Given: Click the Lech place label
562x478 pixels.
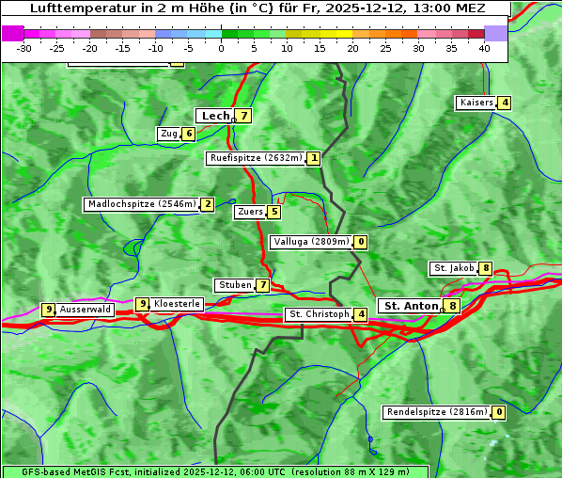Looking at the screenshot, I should pyautogui.click(x=215, y=116).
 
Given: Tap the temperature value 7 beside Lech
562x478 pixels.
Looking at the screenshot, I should pyautogui.click(x=244, y=116).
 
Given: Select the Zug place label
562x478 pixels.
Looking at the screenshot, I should pyautogui.click(x=169, y=134).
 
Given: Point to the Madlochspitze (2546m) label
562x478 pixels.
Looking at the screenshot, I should pyautogui.click(x=141, y=204).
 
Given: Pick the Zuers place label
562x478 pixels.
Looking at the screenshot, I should pyautogui.click(x=250, y=212).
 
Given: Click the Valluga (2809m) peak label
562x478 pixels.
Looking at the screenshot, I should pyautogui.click(x=310, y=242).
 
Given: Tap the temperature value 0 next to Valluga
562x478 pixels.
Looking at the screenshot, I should pyautogui.click(x=361, y=242).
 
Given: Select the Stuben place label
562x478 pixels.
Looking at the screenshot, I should pyautogui.click(x=234, y=285).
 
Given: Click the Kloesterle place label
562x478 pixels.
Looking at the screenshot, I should pyautogui.click(x=177, y=304).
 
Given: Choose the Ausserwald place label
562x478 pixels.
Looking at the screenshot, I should pyautogui.click(x=86, y=310).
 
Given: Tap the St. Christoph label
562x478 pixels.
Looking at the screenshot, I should pyautogui.click(x=319, y=314).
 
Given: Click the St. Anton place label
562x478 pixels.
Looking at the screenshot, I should pyautogui.click(x=411, y=306).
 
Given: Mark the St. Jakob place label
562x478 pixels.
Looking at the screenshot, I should pyautogui.click(x=453, y=268).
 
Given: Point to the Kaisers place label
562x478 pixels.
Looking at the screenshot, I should pyautogui.click(x=476, y=103).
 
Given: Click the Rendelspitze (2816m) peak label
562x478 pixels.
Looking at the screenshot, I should pyautogui.click(x=437, y=412).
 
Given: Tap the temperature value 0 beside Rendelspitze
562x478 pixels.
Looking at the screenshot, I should pyautogui.click(x=500, y=412).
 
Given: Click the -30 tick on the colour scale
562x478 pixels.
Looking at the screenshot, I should pyautogui.click(x=24, y=47).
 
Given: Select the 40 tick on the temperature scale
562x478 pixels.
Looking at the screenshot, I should pyautogui.click(x=484, y=47).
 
